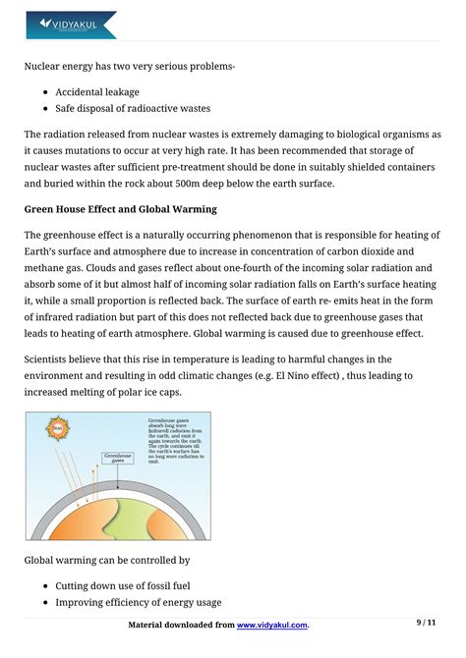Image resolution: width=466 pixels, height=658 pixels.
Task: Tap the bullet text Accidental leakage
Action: (x=97, y=92)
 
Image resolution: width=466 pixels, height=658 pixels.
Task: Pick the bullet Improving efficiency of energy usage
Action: (x=138, y=602)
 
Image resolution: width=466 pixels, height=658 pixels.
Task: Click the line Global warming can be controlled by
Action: (x=107, y=561)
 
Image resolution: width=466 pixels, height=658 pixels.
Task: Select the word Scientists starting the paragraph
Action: (x=52, y=359)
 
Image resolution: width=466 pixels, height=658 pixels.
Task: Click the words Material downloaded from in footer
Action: (x=182, y=625)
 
